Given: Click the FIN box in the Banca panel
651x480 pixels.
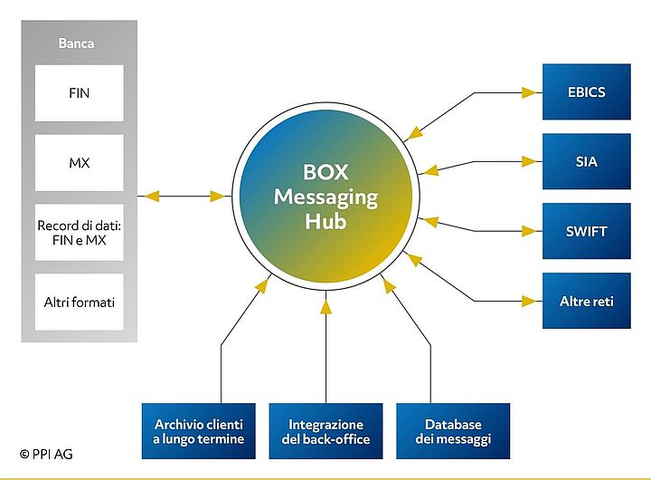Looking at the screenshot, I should tap(80, 92).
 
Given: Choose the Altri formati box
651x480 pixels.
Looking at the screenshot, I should tap(80, 301).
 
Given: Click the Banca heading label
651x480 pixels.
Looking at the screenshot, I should tap(76, 43).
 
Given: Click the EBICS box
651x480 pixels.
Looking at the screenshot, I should tap(586, 91).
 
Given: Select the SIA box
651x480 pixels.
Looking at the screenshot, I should tap(586, 161).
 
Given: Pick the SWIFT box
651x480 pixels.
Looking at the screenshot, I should tap(586, 231).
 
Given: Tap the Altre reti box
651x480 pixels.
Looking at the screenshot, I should tap(586, 300).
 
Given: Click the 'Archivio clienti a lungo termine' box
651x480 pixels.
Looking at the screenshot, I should tap(199, 431).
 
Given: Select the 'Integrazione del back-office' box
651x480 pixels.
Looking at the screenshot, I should tap(325, 431).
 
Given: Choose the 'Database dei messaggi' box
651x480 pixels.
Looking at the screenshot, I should tap(453, 431).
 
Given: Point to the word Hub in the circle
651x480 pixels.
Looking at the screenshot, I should tap(325, 221).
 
